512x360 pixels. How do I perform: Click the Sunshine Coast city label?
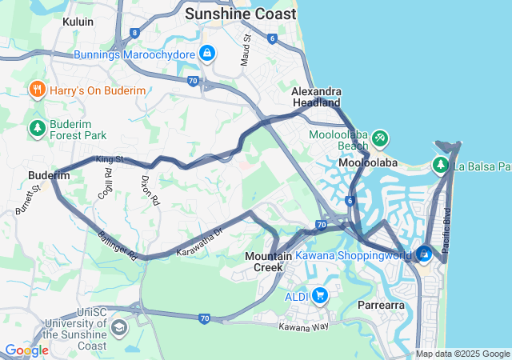[240, 14]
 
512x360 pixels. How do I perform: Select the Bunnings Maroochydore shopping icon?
[207, 54]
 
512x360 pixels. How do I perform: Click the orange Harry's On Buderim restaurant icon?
[37, 90]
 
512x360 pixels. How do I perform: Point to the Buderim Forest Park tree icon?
[37, 128]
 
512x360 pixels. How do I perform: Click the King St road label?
[110, 160]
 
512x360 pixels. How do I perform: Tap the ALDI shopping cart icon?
[319, 295]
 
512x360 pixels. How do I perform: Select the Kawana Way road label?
[303, 326]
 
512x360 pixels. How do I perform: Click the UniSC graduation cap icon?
[118, 327]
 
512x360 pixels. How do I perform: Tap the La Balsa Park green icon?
[440, 166]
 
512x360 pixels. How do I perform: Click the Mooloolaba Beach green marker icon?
[380, 139]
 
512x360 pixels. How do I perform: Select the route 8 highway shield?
[135, 33]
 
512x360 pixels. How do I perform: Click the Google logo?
[26, 350]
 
